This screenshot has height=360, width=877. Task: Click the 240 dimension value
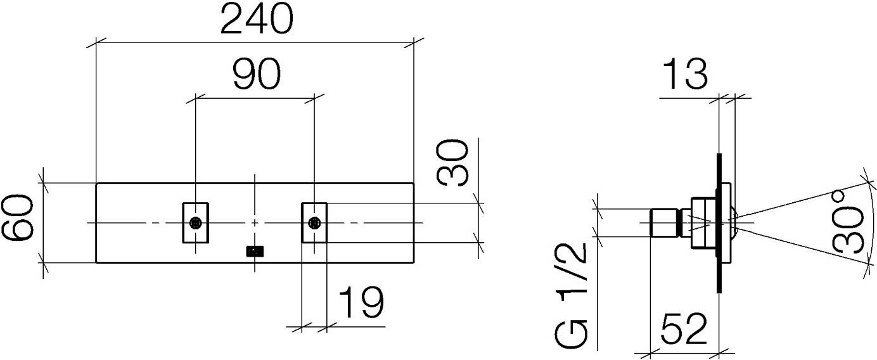tap(257, 19)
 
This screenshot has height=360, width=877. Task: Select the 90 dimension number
tap(257, 74)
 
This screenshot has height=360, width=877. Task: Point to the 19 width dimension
tap(361, 302)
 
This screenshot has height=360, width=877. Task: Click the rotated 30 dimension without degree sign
tap(452, 162)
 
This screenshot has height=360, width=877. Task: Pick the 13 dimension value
tap(686, 74)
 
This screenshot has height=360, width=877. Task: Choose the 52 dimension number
tap(684, 329)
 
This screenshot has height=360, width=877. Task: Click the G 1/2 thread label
tap(571, 295)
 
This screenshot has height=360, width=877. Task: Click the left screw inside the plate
tap(195, 223)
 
